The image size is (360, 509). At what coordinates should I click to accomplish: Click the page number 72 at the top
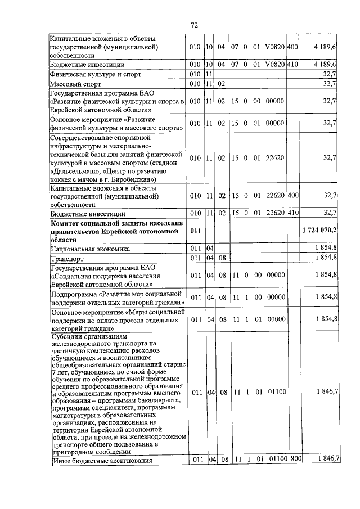pyautogui.click(x=194, y=25)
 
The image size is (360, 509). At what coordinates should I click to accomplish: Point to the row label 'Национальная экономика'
pyautogui.click(x=90, y=249)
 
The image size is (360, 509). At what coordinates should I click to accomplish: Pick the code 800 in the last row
pyautogui.click(x=296, y=460)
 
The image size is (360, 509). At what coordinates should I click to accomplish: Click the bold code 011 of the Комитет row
pyautogui.click(x=195, y=231)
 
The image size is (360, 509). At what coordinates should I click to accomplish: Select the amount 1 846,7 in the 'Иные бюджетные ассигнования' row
pyautogui.click(x=327, y=460)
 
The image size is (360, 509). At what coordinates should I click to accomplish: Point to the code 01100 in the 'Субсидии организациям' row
pyautogui.click(x=274, y=391)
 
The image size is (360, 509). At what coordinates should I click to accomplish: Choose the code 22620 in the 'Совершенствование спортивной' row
pyautogui.click(x=274, y=159)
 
